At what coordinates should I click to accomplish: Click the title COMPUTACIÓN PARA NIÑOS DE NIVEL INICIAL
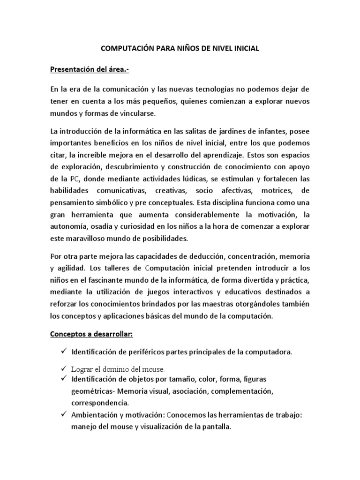180,48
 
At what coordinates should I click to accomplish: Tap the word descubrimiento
129,167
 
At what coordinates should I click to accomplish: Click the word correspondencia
99,403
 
